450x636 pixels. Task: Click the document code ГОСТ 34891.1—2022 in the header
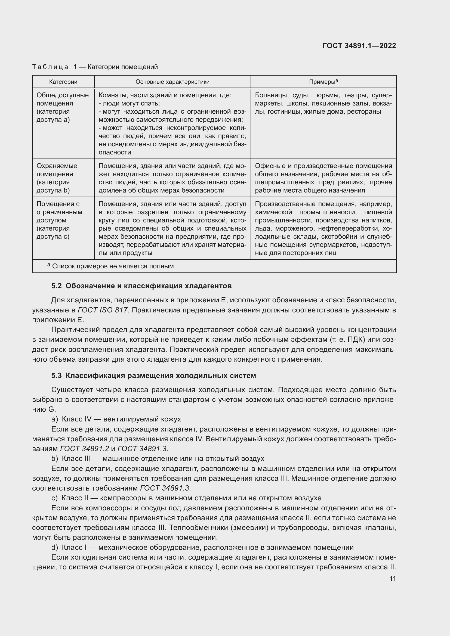[x=359, y=46]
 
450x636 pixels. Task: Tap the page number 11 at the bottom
[x=392, y=579]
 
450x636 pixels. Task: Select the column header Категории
[x=63, y=82]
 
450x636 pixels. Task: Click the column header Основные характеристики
[x=172, y=82]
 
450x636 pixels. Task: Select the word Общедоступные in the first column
[x=63, y=95]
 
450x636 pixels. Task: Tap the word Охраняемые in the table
[x=57, y=166]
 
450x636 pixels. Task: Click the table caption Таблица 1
[x=54, y=67]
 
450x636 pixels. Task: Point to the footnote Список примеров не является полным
[x=114, y=266]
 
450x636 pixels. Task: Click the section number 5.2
[x=57, y=286]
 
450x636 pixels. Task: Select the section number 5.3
[x=57, y=376]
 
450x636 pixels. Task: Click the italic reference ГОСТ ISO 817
[x=103, y=310]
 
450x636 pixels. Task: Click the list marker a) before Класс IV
[x=55, y=419]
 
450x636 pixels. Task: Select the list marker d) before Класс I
[x=55, y=548]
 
